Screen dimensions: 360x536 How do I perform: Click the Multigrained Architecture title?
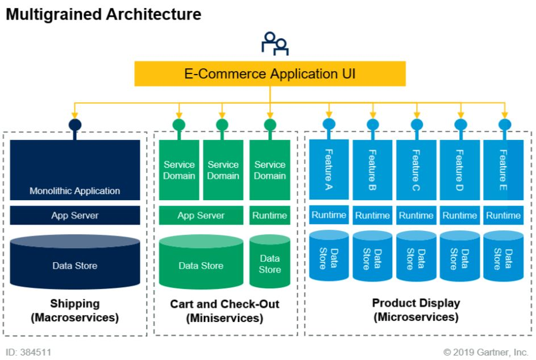pos(103,14)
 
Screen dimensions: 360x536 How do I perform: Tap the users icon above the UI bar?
pos(275,44)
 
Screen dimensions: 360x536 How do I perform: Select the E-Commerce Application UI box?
pos(270,74)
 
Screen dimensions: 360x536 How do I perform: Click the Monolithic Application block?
pos(75,170)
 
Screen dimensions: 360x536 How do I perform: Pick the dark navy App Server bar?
pos(75,216)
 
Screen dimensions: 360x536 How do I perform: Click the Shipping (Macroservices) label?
pos(75,311)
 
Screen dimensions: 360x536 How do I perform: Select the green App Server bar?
pos(201,216)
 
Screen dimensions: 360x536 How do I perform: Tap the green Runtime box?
pos(270,216)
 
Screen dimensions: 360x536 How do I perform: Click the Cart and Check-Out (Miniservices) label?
pos(225,311)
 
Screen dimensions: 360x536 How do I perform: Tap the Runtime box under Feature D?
pos(460,216)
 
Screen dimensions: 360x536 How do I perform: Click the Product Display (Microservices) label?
pos(416,310)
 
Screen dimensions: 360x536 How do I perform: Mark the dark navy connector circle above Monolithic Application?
pos(75,125)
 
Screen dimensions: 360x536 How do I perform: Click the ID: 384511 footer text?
pos(28,352)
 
